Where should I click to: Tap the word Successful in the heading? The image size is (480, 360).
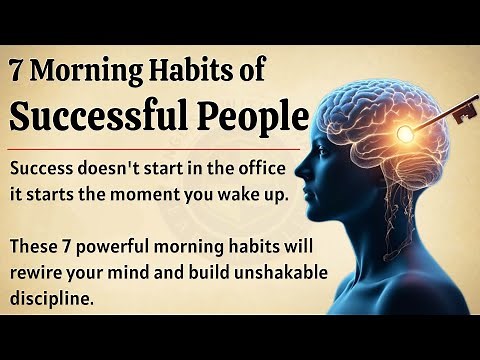tap(94, 117)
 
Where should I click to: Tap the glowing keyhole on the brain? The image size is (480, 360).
tap(406, 132)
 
